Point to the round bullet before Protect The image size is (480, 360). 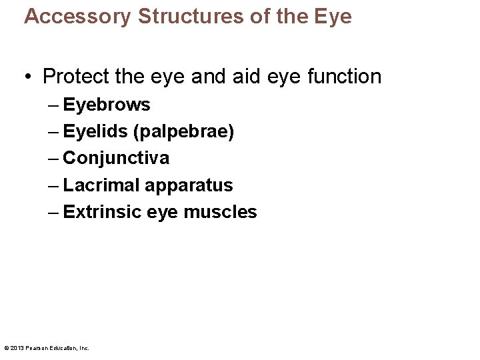point(27,77)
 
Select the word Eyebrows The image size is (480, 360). point(107,105)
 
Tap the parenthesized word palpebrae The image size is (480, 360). point(184,132)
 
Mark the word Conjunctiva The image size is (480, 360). point(116,159)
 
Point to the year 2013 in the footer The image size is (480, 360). point(16,348)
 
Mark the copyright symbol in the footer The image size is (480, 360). point(6,348)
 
